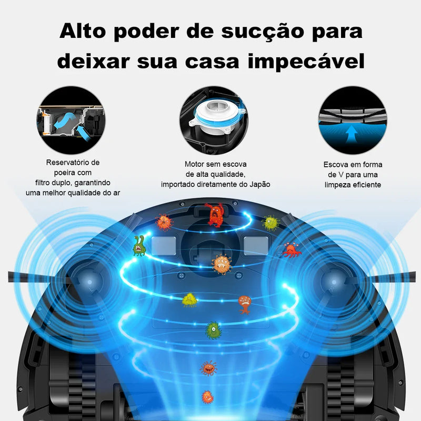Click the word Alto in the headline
tap(83, 31)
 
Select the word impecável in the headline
tap(306, 62)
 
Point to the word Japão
tap(259, 185)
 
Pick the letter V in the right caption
tap(340, 175)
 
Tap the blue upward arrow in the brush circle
tap(352, 134)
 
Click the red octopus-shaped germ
tap(292, 250)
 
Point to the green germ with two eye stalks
tap(139, 245)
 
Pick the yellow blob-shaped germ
tap(189, 300)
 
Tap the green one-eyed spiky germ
tap(214, 330)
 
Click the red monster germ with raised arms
tap(215, 215)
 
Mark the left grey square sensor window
tap(164, 246)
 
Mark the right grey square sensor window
tap(256, 246)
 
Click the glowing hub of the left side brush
tap(89, 282)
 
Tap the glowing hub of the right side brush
tap(334, 282)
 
